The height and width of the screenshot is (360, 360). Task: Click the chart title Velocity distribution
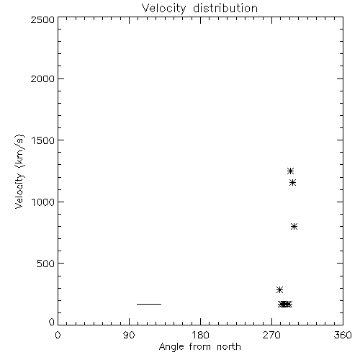199,9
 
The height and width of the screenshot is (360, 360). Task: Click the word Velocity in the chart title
163,9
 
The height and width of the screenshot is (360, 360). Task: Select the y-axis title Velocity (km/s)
19,171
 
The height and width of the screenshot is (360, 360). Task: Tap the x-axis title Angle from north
199,346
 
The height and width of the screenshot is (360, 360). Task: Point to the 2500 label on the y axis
42,19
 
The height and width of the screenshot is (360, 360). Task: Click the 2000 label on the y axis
42,78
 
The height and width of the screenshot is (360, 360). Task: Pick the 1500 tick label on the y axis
43,140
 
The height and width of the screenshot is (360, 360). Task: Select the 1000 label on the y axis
43,202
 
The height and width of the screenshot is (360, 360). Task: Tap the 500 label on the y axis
46,264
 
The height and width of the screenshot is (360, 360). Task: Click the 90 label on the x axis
129,335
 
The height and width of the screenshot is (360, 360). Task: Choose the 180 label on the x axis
200,335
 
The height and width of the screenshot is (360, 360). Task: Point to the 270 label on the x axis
271,335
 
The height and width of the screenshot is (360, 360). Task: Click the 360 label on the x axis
343,335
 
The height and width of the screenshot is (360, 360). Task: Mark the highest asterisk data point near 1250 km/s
291,171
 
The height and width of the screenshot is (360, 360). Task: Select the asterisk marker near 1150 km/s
292,183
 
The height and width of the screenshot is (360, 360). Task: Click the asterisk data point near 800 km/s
294,226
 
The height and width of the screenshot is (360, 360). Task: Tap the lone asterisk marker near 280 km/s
279,289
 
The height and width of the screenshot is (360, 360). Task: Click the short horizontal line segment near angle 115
149,304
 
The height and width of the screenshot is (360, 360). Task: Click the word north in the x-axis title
229,346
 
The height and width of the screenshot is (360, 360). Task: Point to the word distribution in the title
225,9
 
